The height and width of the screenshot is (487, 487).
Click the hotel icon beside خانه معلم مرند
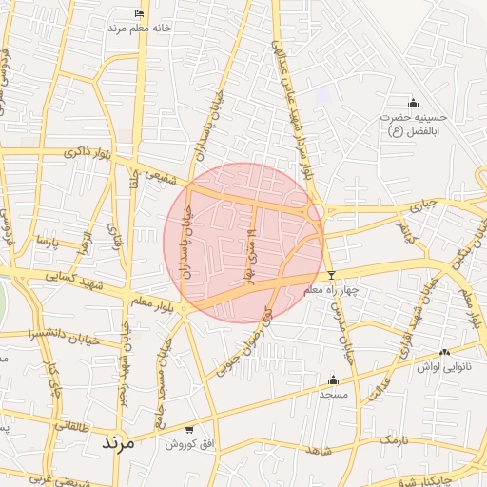click(x=140, y=13)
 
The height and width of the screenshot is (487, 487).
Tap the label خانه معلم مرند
click(x=139, y=29)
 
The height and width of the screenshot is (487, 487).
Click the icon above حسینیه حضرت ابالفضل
click(x=413, y=103)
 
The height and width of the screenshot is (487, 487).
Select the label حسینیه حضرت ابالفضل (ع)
click(x=414, y=123)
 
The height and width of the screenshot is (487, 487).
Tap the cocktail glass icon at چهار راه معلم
click(x=331, y=276)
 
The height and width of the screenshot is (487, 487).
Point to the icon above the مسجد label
click(x=333, y=379)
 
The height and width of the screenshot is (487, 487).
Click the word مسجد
click(x=333, y=393)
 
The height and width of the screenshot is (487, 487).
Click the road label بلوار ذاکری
click(x=87, y=152)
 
